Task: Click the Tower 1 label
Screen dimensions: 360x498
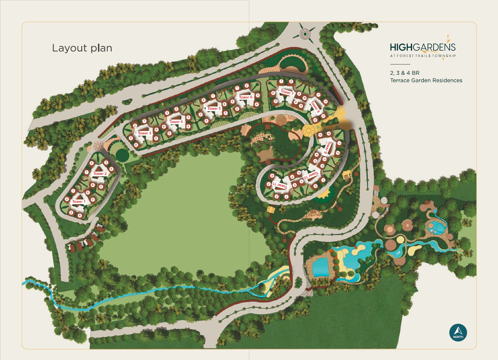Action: (x=79, y=201)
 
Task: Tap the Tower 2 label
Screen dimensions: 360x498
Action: (x=100, y=174)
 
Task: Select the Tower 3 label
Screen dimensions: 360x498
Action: (x=144, y=133)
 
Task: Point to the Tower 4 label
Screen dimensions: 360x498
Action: (x=176, y=122)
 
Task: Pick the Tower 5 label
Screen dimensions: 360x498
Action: (x=214, y=108)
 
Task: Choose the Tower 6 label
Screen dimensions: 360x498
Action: (x=246, y=97)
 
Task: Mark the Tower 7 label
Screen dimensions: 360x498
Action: (x=287, y=92)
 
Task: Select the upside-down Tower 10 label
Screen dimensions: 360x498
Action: (x=310, y=175)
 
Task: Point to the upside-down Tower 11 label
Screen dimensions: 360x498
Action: (x=280, y=185)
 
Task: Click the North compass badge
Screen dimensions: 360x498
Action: (x=458, y=332)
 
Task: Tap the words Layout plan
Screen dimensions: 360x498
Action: (x=82, y=48)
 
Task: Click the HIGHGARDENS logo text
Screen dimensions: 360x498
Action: (x=422, y=47)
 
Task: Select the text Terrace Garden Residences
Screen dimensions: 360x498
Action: (x=426, y=80)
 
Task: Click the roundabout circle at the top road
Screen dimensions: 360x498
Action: (x=305, y=34)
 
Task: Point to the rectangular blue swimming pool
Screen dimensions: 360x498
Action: (x=322, y=269)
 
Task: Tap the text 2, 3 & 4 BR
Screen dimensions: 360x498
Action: (x=404, y=73)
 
